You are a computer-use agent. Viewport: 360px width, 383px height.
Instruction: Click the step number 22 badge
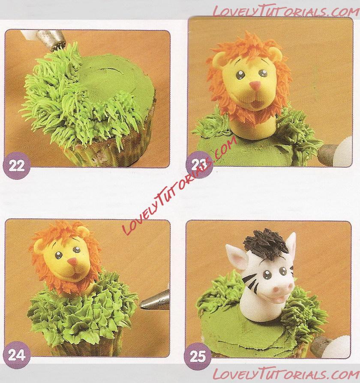pos(17,166)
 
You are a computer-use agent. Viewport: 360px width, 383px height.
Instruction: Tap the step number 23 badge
pos(198,165)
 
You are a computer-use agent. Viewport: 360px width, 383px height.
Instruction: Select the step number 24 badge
pos(17,355)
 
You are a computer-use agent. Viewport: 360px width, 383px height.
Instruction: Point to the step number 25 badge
pos(198,356)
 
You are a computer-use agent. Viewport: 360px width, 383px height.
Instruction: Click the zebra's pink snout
pos(282,290)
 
